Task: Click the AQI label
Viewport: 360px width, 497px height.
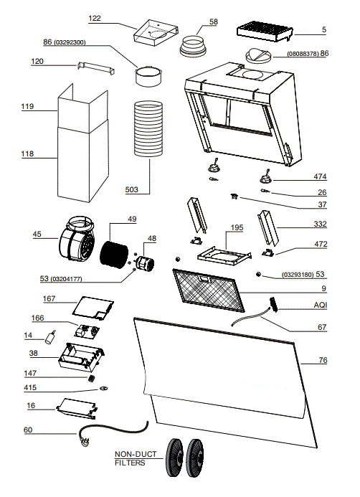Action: point(321,306)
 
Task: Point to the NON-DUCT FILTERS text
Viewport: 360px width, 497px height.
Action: point(136,459)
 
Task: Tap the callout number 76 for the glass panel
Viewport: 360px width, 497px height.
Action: point(323,360)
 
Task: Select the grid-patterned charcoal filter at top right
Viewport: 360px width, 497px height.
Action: point(265,32)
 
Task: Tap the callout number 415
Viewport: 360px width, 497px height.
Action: point(31,388)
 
